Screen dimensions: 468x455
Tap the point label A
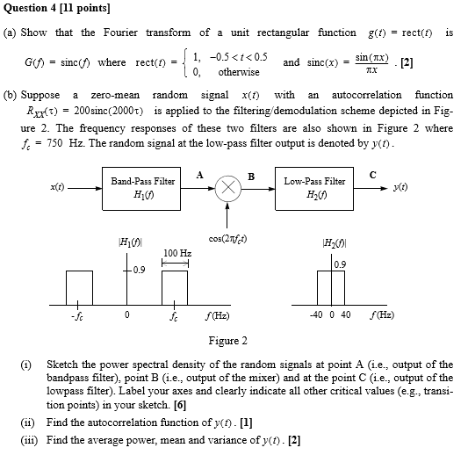coord(200,175)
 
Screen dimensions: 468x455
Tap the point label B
coord(251,177)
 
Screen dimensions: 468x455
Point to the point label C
coord(373,175)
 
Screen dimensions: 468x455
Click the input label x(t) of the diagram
coord(57,187)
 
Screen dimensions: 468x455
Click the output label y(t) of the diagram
coord(400,187)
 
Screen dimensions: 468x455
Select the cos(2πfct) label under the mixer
coord(227,239)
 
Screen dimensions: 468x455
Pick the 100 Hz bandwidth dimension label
coord(177,253)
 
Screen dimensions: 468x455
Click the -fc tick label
coord(77,316)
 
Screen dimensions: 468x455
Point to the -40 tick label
coord(316,314)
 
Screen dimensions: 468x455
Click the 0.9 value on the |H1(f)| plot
coord(139,270)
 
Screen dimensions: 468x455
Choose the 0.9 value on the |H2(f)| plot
coord(340,264)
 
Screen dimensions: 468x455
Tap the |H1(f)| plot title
coord(131,242)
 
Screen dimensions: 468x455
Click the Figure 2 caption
coord(228,341)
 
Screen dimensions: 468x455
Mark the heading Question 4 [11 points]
coord(57,8)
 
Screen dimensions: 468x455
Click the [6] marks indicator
coord(180,405)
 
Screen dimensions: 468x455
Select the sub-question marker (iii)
coord(29,440)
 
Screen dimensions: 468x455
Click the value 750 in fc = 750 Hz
coord(54,143)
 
